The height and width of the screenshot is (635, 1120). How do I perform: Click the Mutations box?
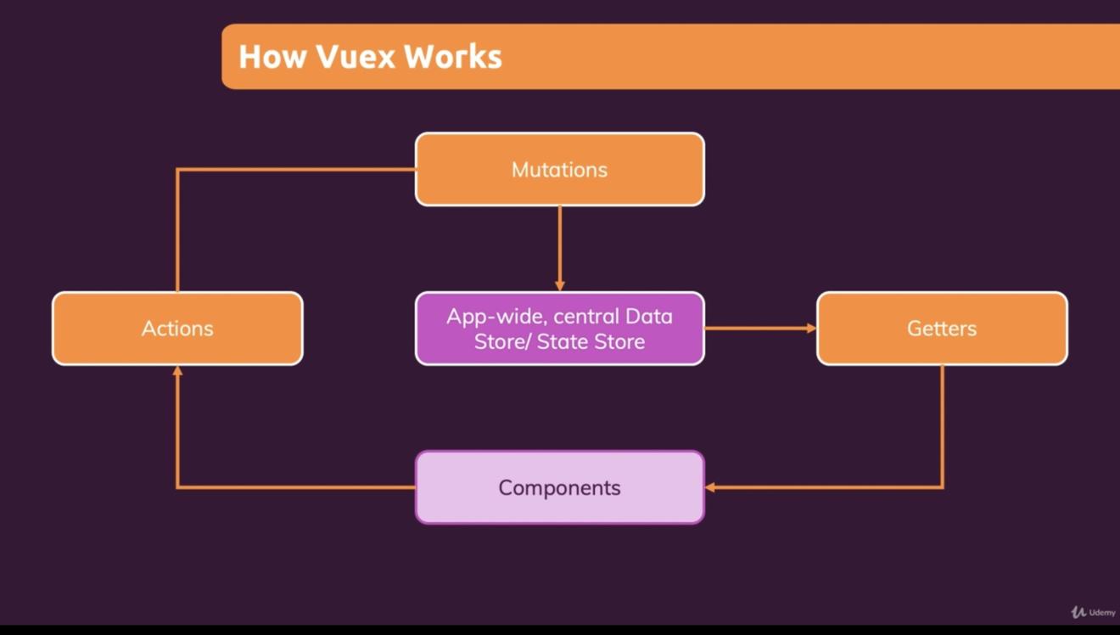click(x=559, y=169)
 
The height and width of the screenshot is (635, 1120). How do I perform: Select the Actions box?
click(x=177, y=329)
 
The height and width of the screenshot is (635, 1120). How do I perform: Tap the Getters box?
click(x=942, y=329)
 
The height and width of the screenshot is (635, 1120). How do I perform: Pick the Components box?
click(x=559, y=487)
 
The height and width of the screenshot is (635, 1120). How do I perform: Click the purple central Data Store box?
click(x=559, y=329)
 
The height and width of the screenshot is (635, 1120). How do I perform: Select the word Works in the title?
click(x=452, y=57)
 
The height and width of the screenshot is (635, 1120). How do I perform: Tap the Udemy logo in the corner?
click(x=1093, y=612)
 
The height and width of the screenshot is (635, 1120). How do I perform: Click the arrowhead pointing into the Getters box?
click(x=811, y=329)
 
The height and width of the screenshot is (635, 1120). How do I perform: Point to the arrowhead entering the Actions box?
click(x=177, y=371)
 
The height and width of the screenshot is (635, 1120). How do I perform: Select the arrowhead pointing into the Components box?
click(x=710, y=487)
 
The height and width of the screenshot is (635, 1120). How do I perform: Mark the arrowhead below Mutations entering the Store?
click(x=559, y=286)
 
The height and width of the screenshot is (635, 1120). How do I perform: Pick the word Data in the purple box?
click(x=648, y=317)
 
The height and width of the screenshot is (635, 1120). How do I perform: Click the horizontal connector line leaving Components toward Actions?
click(x=297, y=487)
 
